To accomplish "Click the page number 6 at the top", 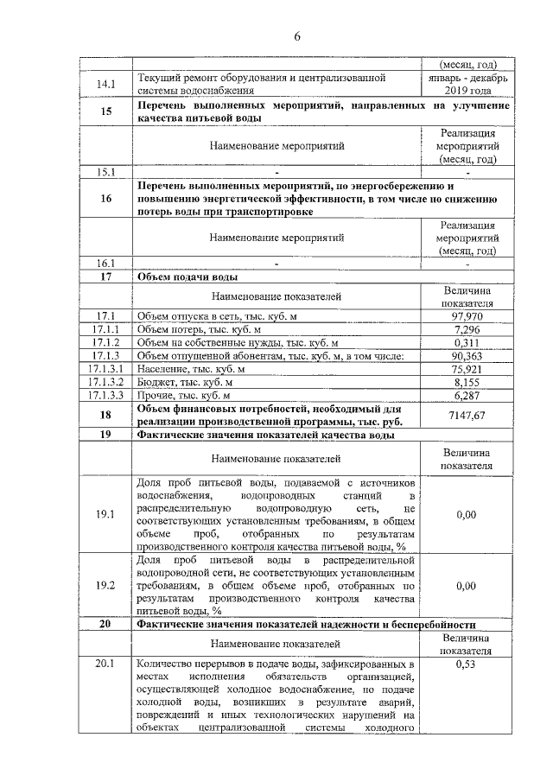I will point(296,35).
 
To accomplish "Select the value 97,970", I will point(467,317).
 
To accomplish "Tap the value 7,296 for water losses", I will point(467,330).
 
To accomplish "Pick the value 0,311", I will point(467,343).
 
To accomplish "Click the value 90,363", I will point(467,356).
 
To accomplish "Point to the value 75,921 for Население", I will point(467,369).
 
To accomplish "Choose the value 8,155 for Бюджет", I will point(467,382).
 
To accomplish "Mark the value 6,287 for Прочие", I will point(467,395).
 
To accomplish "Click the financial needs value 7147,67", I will point(467,415).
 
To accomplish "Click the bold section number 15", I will point(105,111).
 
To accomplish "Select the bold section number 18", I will point(105,415).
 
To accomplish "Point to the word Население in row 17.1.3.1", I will point(162,369).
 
